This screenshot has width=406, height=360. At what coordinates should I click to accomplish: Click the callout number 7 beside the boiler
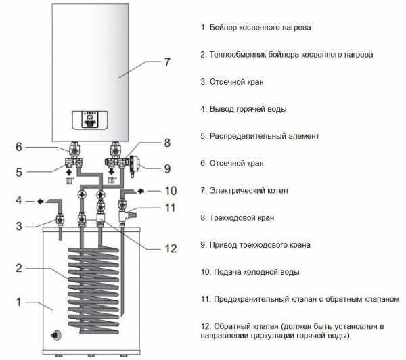tap(167, 62)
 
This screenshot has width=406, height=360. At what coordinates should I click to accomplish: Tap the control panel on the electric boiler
tap(89, 120)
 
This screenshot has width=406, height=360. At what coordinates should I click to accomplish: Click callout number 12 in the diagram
tap(171, 248)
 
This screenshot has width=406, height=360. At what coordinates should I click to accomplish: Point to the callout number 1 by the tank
tap(19, 302)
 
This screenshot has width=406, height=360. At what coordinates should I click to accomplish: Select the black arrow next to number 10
tap(140, 191)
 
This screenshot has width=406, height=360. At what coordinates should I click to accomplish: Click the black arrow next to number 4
tap(40, 201)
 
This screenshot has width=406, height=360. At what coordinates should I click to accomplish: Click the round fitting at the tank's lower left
tap(56, 334)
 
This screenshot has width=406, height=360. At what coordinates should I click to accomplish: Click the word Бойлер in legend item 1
tap(223, 28)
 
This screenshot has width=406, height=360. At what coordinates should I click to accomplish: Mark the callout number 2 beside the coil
tap(19, 268)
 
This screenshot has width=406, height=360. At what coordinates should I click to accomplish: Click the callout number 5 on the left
tap(19, 173)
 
